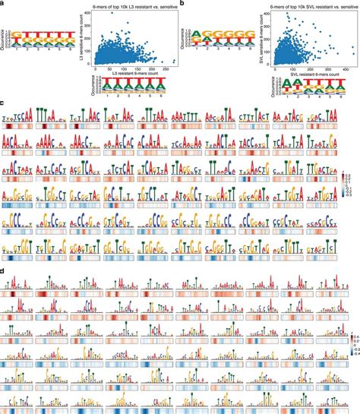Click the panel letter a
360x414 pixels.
click(x=4, y=4)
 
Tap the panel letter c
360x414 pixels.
click(x=4, y=100)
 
